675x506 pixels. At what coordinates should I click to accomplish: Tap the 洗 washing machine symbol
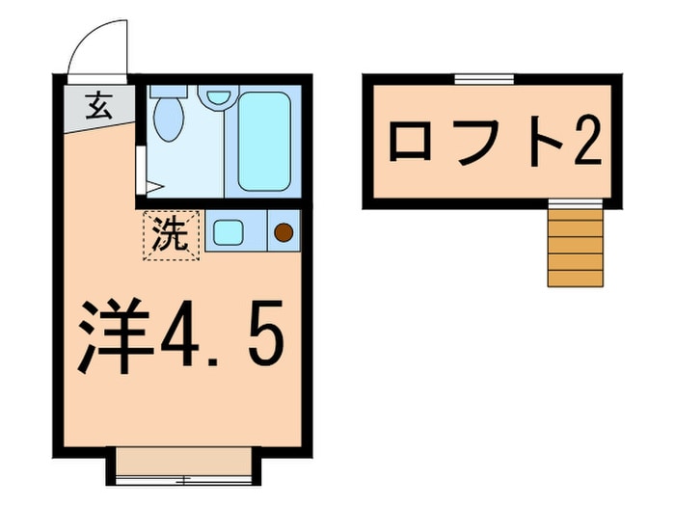[x=173, y=234]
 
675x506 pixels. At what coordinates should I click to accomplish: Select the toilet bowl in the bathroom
[x=170, y=121]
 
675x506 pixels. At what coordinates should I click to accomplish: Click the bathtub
[x=263, y=141]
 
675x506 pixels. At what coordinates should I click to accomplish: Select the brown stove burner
[x=283, y=231]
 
